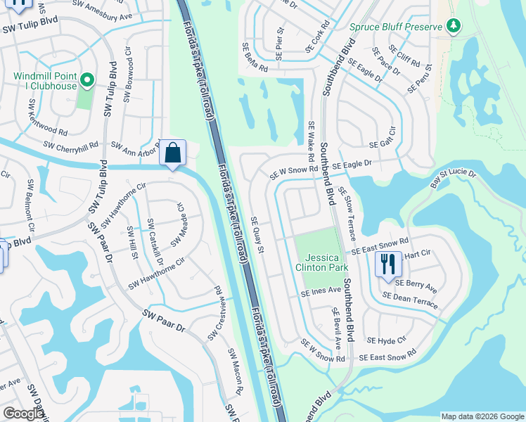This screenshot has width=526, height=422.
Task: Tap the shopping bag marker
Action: (x=172, y=153)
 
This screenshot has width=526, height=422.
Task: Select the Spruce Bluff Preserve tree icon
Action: (x=454, y=27)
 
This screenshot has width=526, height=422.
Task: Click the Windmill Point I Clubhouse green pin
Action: (x=87, y=81)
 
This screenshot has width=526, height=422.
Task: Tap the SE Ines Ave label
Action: (x=321, y=291)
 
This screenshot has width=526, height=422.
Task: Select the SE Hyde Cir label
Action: (x=392, y=340)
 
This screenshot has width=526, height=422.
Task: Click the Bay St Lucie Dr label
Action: (x=453, y=179)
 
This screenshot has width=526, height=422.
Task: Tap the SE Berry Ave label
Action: (x=416, y=286)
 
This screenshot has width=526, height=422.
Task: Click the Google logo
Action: (x=23, y=414)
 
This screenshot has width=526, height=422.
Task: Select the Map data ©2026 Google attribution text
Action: (x=482, y=416)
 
